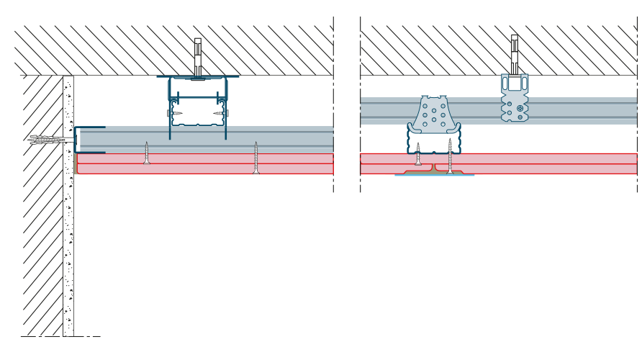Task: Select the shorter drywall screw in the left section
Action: [x=147, y=153]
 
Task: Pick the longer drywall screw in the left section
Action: [x=256, y=158]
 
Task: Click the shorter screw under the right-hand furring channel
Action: [x=418, y=155]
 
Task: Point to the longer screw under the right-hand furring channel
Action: [x=451, y=157]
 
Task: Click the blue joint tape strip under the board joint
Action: [x=434, y=175]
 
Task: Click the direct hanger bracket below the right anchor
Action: [x=515, y=98]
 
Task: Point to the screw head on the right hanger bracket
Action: [x=520, y=108]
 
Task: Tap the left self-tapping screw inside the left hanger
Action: [x=175, y=113]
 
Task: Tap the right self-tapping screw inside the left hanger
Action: [x=220, y=113]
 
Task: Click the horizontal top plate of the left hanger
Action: [x=198, y=76]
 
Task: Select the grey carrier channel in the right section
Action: [x=576, y=111]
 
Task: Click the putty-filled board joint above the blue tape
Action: [x=433, y=168]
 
